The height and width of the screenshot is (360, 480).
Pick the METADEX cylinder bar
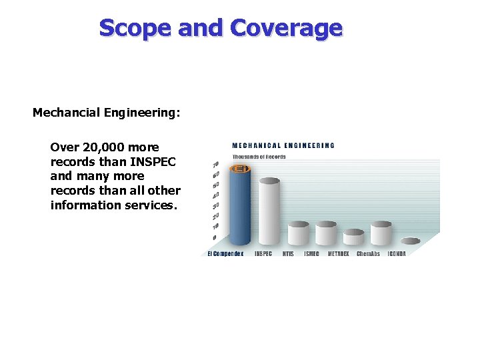(x=353, y=237)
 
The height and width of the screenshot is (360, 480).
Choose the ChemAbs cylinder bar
(x=381, y=233)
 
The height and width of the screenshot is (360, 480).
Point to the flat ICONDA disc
(x=410, y=241)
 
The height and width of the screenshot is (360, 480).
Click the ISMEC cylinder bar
(x=326, y=233)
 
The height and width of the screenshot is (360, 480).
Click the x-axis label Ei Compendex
(x=225, y=254)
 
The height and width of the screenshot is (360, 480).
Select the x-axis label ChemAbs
(x=368, y=254)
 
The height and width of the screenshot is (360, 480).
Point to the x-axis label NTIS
(x=288, y=254)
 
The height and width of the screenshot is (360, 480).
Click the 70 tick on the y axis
(x=215, y=165)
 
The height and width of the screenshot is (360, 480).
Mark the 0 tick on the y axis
(x=214, y=238)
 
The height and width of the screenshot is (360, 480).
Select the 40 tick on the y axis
(x=215, y=196)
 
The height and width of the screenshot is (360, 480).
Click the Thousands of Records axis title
(x=259, y=157)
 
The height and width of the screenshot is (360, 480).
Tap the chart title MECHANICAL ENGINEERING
(x=283, y=145)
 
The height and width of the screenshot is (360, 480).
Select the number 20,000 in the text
(x=103, y=147)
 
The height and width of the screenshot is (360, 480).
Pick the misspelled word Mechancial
(x=66, y=113)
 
